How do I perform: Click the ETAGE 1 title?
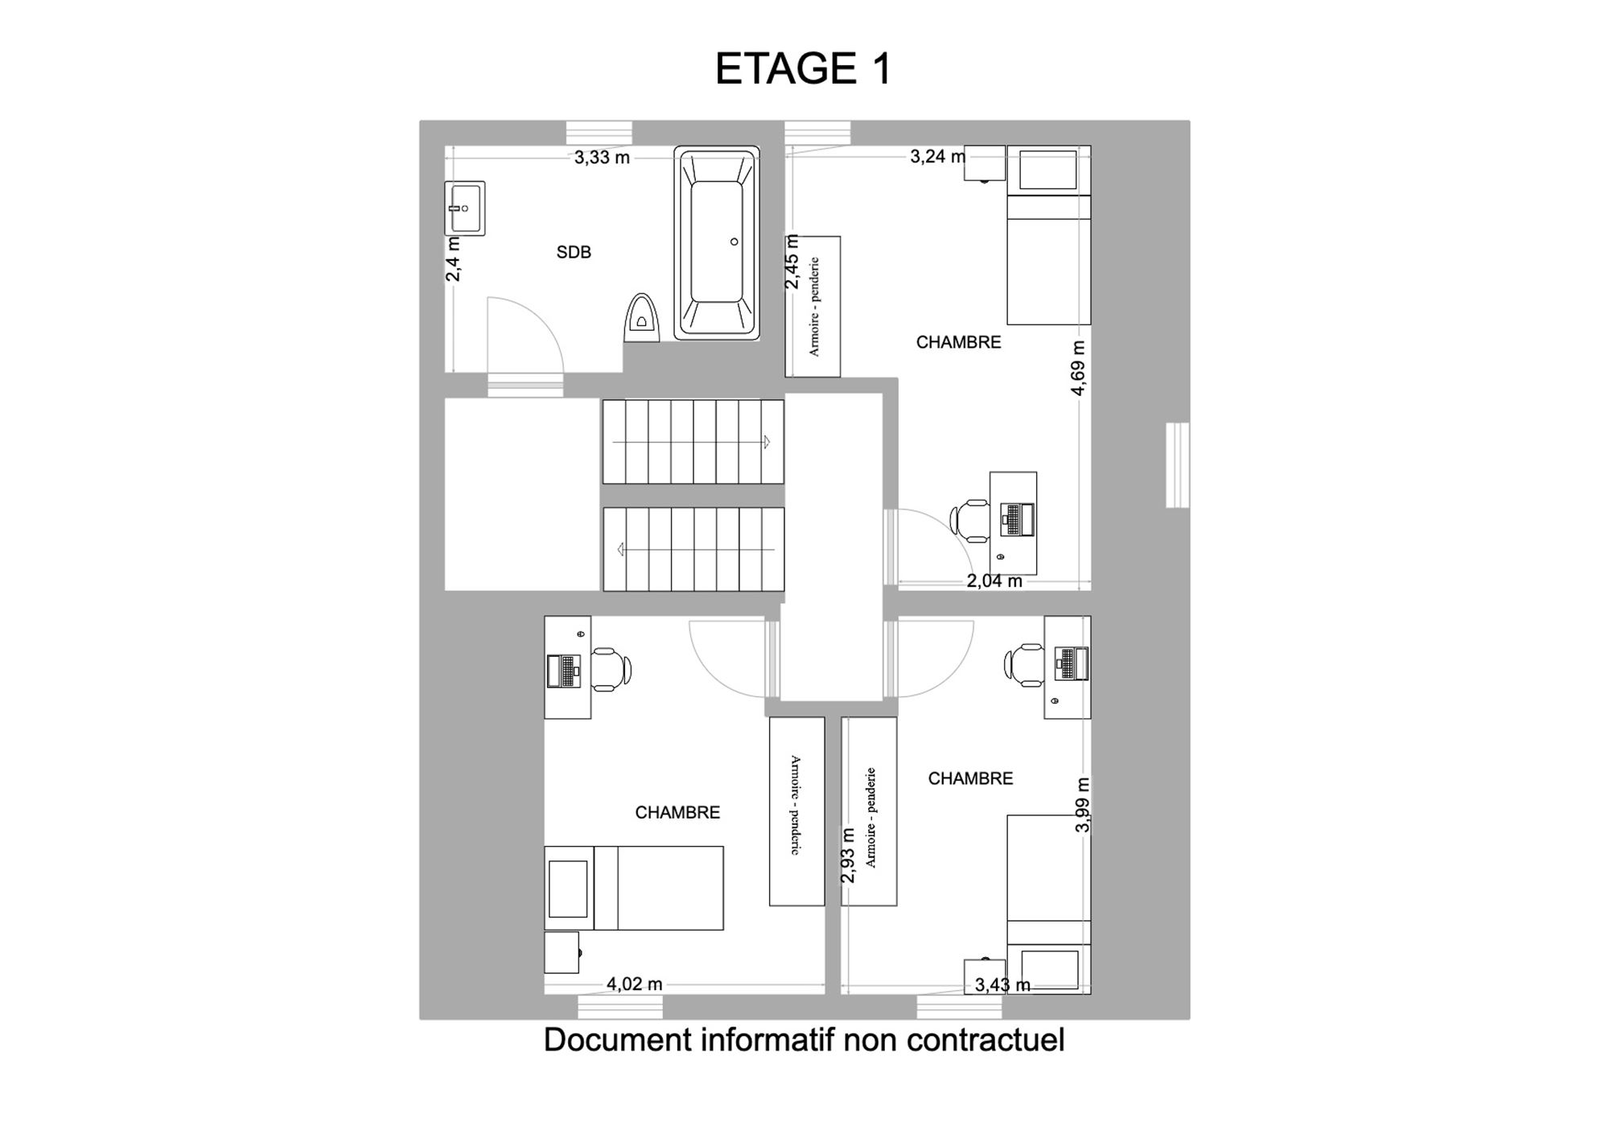point(804,68)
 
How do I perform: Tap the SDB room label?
point(574,253)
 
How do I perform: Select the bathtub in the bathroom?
point(716,242)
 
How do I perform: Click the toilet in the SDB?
point(642,317)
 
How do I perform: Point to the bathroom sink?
point(465,208)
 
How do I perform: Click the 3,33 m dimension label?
point(602,158)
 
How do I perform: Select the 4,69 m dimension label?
point(1079,368)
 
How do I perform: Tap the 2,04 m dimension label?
point(994,581)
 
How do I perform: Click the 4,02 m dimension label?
point(635,984)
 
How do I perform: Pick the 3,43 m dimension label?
point(1002,984)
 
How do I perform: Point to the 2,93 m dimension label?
point(848,856)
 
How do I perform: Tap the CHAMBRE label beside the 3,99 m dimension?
point(970,778)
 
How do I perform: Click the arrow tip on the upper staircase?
point(769,442)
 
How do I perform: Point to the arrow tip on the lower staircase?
point(619,550)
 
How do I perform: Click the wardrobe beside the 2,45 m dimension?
point(813,307)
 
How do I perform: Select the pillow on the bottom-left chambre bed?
point(568,889)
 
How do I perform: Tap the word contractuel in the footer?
point(986,1039)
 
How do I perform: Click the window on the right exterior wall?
point(1178,465)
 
